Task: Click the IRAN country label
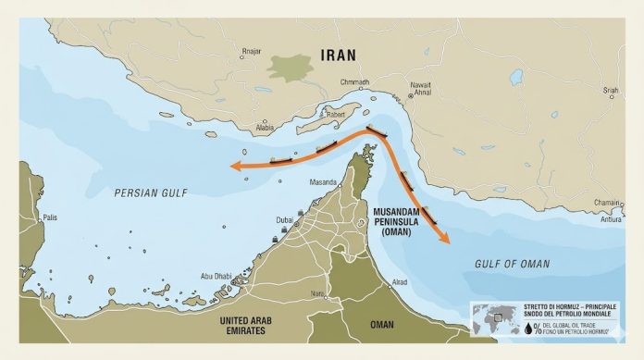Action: (338, 55)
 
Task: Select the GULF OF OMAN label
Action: (512, 265)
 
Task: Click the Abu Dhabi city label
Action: (217, 276)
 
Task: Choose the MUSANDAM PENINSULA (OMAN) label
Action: (403, 222)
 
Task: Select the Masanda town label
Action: (323, 182)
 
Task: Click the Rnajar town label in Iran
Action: (251, 51)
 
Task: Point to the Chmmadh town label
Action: (354, 82)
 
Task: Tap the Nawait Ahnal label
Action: (421, 89)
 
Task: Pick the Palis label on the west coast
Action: (50, 217)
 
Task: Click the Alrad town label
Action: (400, 281)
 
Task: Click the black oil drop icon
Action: (476, 327)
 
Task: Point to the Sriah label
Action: (611, 90)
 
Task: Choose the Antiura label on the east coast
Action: (611, 219)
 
